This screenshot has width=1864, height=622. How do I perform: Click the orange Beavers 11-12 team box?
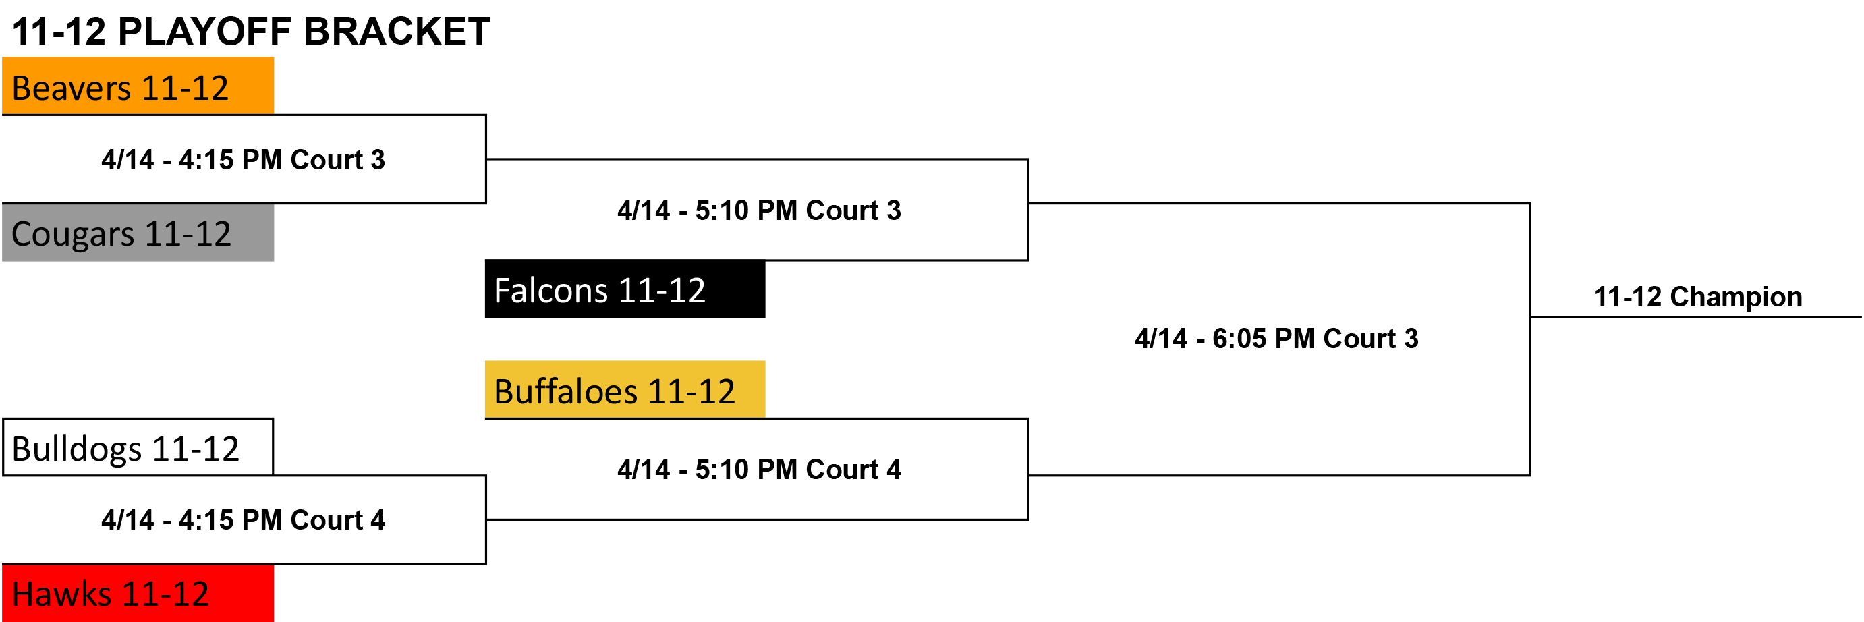[x=138, y=86]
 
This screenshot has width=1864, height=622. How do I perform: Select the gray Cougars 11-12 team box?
[x=138, y=232]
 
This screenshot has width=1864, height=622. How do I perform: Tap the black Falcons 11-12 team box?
[x=625, y=289]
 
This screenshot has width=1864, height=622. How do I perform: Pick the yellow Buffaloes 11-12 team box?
[x=625, y=389]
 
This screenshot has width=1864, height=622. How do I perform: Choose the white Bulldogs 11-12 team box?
[x=138, y=447]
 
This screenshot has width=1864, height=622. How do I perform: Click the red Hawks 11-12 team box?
[x=138, y=593]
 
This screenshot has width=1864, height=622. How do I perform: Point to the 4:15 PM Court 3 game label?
[x=243, y=160]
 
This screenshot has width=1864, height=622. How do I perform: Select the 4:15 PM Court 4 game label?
[x=243, y=520]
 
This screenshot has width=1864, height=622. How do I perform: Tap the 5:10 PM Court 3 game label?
[x=759, y=210]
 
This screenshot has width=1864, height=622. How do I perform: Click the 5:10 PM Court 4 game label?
[x=759, y=470]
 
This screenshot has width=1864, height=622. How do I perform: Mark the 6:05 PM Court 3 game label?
[x=1276, y=339]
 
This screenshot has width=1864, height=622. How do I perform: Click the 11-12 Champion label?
[x=1697, y=298]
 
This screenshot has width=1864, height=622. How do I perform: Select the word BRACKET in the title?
[x=397, y=32]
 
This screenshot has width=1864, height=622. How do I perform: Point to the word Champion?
[x=1736, y=298]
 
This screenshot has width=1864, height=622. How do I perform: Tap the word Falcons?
[x=550, y=290]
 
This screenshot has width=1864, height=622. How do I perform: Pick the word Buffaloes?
[x=565, y=391]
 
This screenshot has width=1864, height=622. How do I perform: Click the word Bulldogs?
[x=77, y=449]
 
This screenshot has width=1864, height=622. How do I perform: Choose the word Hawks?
[x=61, y=594]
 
